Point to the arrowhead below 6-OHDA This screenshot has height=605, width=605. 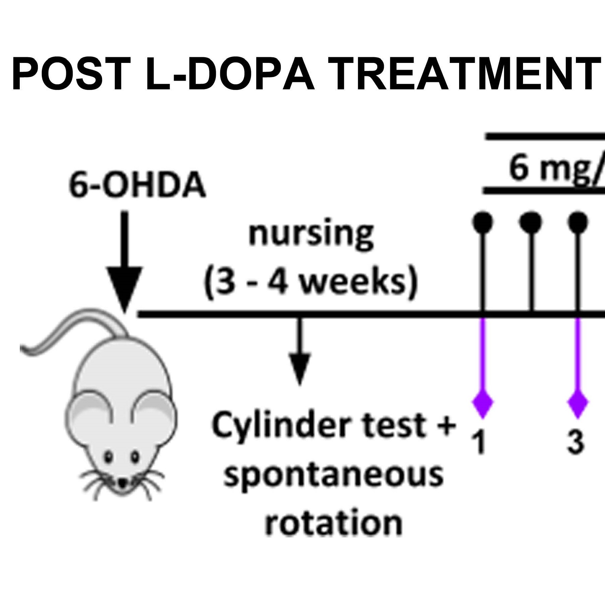coord(124,288)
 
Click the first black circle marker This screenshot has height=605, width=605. coord(482,222)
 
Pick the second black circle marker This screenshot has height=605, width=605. coord(531,222)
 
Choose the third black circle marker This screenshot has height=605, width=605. coord(578,222)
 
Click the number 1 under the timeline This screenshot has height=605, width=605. coord(481,442)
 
